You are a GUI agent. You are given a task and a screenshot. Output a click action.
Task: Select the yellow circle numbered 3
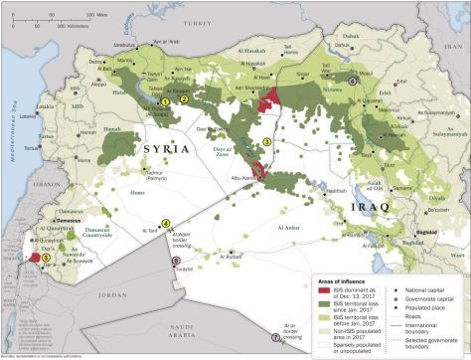point(265,141)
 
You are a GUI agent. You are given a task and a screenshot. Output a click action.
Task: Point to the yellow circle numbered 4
point(165,222)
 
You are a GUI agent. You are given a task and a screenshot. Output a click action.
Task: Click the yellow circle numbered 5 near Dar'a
point(46,257)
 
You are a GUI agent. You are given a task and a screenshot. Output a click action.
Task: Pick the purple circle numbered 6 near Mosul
point(353,80)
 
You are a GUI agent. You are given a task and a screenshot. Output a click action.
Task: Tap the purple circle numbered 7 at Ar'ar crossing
point(275,337)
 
